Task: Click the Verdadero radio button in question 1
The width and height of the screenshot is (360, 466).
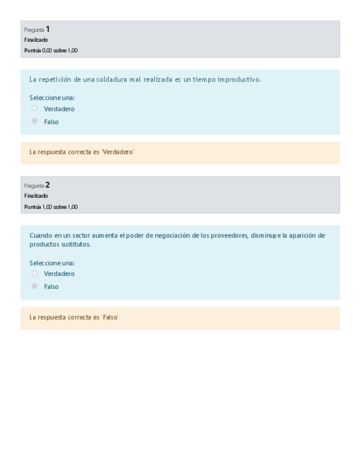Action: (35, 109)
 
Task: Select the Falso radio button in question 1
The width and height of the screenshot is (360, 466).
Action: (35, 121)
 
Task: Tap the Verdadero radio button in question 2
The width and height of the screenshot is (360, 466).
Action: (35, 274)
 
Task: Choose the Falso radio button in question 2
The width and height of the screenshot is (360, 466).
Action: (35, 286)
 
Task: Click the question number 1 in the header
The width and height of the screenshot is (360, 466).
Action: (48, 29)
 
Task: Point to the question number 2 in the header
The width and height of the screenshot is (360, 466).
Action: (48, 185)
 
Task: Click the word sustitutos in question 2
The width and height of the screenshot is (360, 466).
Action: (75, 245)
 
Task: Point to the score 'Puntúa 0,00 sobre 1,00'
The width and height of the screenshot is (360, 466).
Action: (51, 51)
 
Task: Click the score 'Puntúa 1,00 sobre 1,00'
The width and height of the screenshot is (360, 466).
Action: (51, 207)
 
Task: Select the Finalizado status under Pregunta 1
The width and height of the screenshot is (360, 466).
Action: (36, 40)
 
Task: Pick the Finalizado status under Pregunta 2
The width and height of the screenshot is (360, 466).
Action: (36, 196)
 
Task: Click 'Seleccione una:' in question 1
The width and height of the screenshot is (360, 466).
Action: (52, 98)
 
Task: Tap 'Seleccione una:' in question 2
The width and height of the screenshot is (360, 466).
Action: (52, 263)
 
